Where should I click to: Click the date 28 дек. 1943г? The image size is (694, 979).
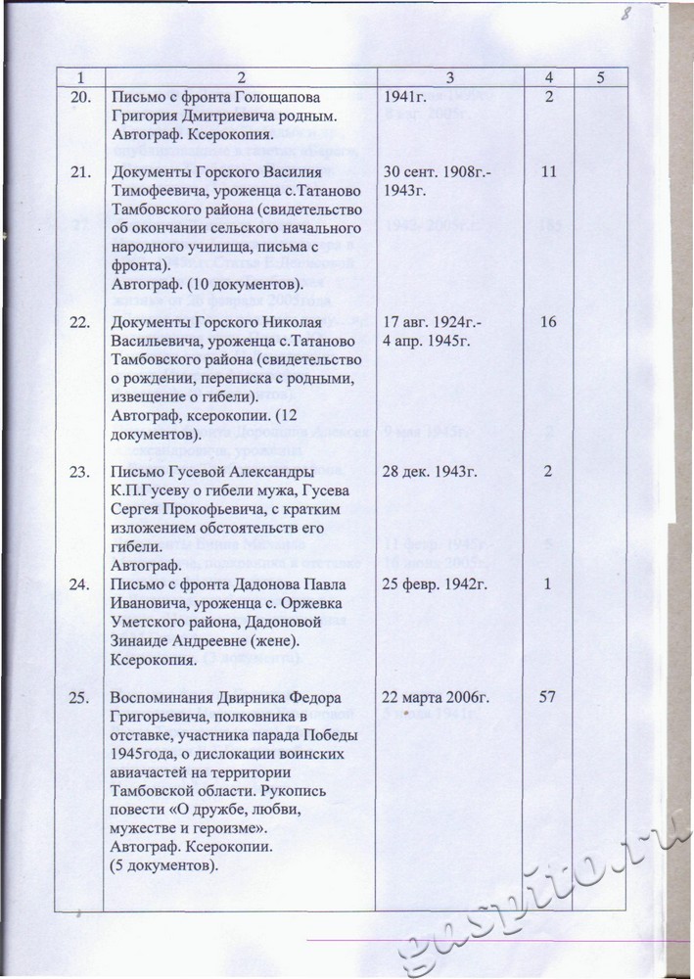coord(432,473)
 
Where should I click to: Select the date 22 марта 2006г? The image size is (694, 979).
coord(438,698)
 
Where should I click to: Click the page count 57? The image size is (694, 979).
coord(548,698)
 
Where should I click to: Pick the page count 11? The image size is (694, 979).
coord(548,173)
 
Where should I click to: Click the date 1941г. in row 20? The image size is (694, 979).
coord(411,97)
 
